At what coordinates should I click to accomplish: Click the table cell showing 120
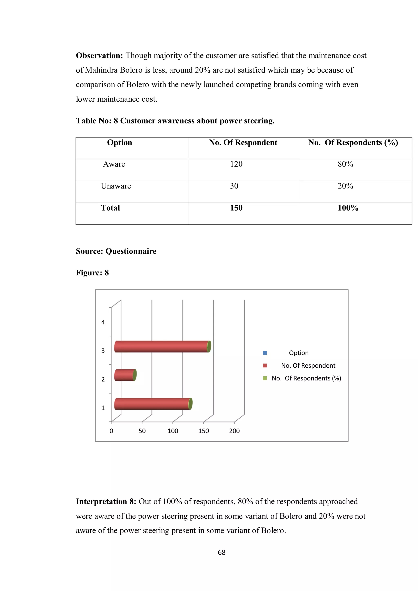click(236, 164)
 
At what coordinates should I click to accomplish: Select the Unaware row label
click(116, 186)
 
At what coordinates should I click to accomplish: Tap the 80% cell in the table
click(345, 164)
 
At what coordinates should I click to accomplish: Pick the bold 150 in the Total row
click(236, 208)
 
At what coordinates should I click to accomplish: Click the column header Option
click(120, 143)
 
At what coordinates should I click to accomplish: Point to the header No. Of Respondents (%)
click(353, 143)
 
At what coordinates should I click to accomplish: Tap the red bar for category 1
click(152, 404)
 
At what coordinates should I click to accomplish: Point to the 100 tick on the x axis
click(173, 431)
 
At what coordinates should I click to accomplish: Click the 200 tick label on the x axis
click(234, 431)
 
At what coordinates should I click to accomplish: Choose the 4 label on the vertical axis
click(103, 322)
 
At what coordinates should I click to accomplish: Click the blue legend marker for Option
click(265, 353)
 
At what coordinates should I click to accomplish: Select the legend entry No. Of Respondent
click(308, 366)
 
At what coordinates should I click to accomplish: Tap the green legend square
click(265, 378)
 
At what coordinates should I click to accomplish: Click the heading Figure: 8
click(92, 273)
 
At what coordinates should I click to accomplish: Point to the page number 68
click(221, 552)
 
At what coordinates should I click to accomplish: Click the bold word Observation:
click(99, 56)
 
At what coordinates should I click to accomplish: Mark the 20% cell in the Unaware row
click(345, 186)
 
